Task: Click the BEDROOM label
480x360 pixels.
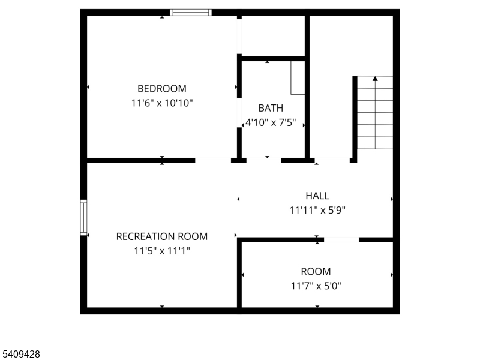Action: [162, 89]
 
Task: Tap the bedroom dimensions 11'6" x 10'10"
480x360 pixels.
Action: [162, 103]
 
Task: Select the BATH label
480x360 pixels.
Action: [271, 108]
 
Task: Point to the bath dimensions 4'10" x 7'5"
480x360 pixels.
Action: [271, 123]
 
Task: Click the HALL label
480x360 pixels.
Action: [317, 196]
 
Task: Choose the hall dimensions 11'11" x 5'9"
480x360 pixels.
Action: [317, 210]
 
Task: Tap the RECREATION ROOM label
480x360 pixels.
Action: [162, 236]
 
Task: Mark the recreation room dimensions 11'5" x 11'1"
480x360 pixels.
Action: [162, 251]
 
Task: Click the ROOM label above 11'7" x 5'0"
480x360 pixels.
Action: [316, 271]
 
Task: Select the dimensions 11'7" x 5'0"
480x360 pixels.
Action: [316, 286]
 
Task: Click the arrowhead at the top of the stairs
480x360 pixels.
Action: [375, 78]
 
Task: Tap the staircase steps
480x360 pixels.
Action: [375, 114]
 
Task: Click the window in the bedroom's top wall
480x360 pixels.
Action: [191, 12]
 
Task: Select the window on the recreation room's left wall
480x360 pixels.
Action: [84, 217]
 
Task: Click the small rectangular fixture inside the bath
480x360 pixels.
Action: [298, 77]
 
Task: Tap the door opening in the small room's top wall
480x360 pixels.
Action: [341, 240]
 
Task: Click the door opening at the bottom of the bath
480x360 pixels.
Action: [263, 160]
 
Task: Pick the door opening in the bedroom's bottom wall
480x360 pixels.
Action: [213, 160]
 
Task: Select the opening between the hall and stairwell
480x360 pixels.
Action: [333, 160]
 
